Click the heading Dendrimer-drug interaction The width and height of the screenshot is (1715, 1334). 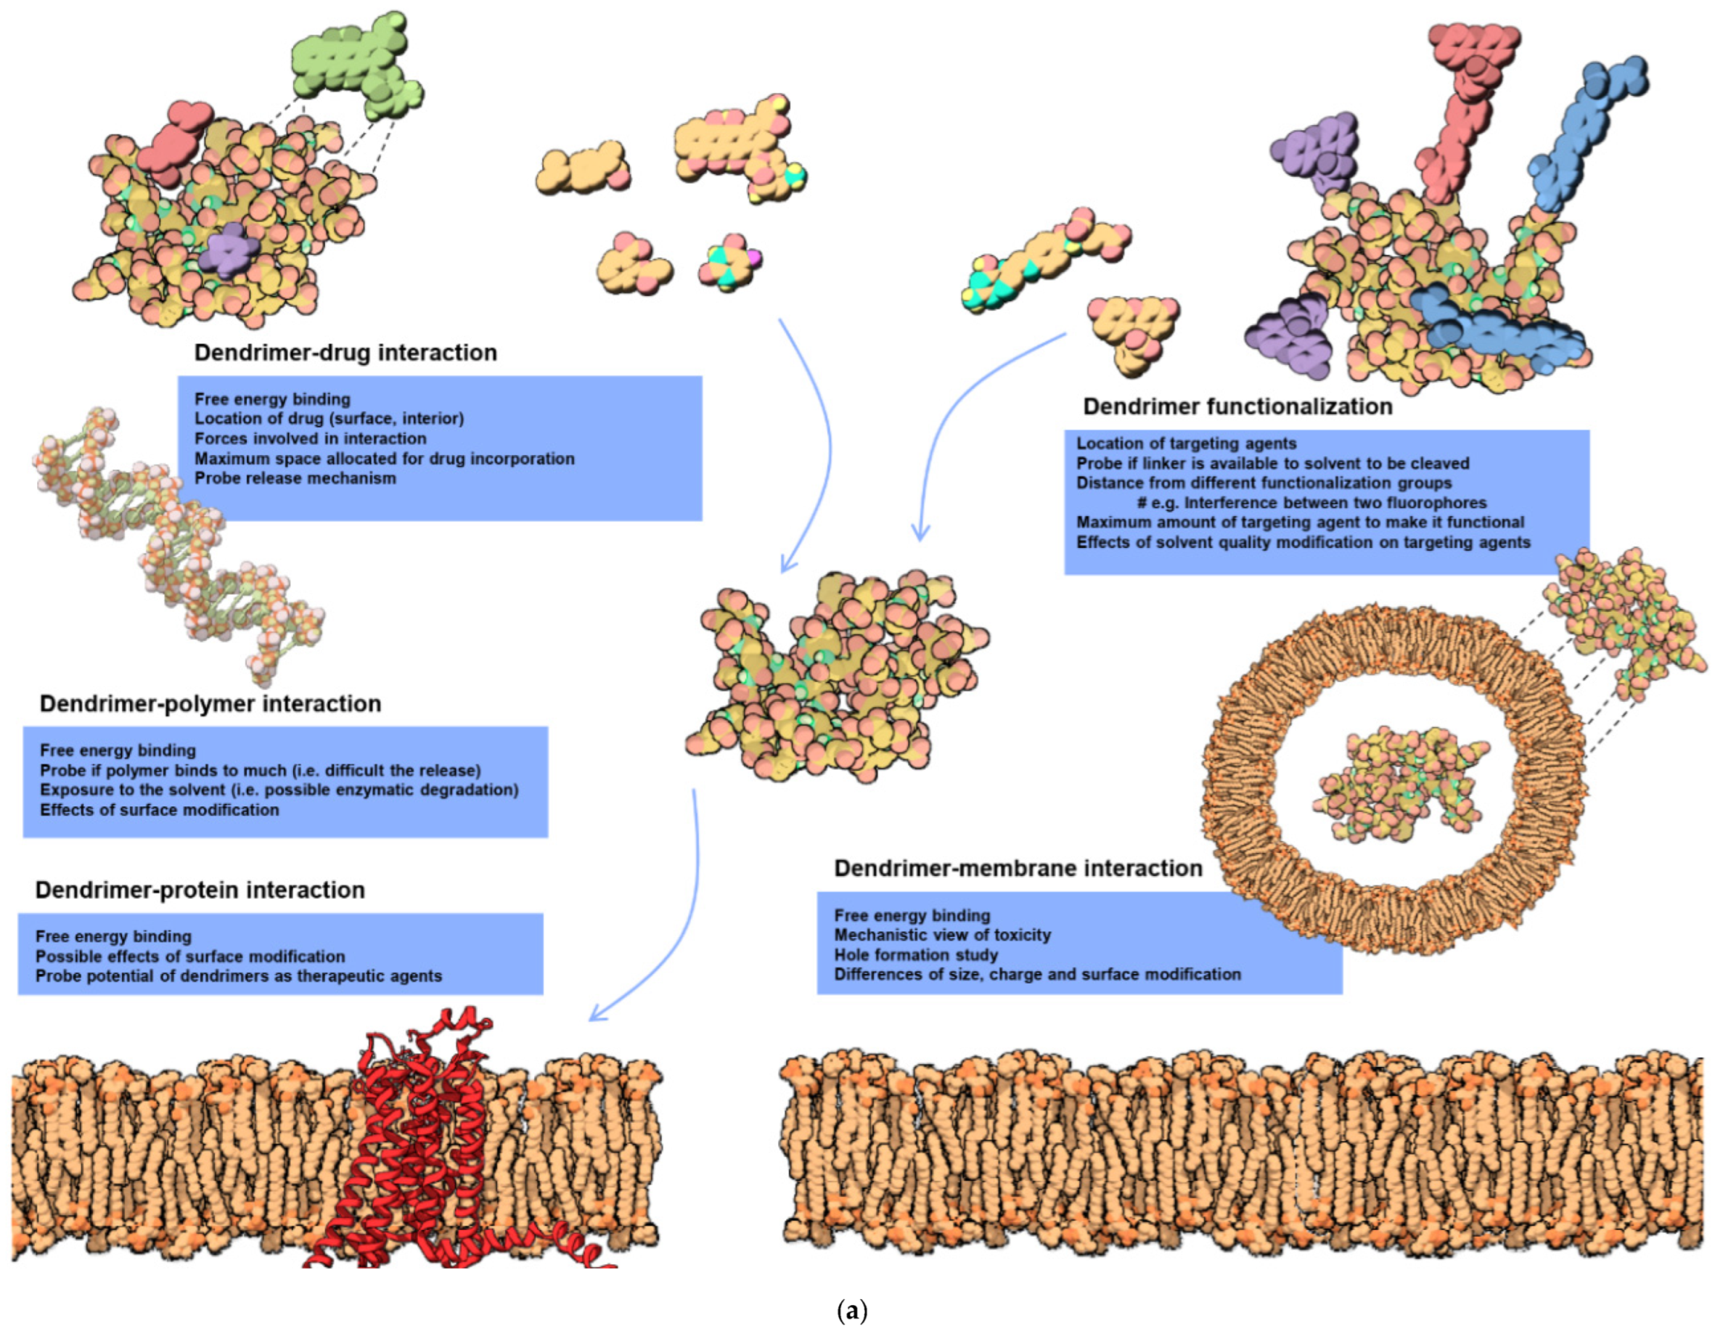345,353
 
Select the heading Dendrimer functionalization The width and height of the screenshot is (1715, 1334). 1237,406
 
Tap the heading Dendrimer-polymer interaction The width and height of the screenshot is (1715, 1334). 210,703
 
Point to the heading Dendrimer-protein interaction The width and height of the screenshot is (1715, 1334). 200,890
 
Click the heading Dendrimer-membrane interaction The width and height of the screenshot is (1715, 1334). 1018,868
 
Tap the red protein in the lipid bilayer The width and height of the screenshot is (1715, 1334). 416,1139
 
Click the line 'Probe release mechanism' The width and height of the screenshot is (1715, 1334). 295,478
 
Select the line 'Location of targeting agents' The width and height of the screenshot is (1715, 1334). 1186,443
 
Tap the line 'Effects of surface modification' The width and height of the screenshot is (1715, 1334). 160,809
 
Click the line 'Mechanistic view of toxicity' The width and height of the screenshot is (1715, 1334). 942,935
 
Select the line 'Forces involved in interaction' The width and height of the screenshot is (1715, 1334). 310,439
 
